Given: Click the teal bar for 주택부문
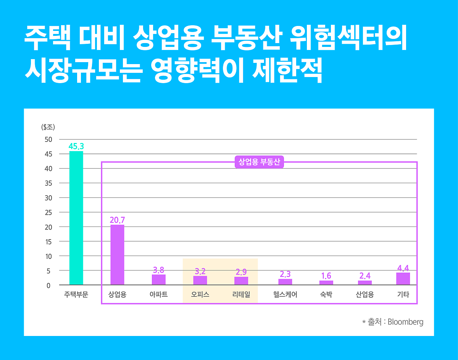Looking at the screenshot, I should click(x=76, y=218).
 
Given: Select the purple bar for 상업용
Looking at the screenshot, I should click(x=117, y=255).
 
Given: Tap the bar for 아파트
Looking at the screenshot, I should click(x=158, y=280).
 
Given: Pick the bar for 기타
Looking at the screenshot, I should click(x=403, y=279).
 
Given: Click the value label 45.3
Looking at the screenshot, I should click(x=76, y=146).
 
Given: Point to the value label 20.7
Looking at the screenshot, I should click(x=117, y=220).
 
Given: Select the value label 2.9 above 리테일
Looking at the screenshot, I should click(x=241, y=272).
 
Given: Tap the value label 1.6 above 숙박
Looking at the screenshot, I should click(x=326, y=276).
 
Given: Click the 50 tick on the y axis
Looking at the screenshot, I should click(x=48, y=140).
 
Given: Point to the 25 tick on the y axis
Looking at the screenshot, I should click(x=48, y=212).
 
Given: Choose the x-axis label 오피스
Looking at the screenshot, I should click(x=200, y=295).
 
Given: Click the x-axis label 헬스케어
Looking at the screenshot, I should click(x=285, y=295).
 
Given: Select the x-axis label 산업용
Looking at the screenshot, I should click(x=364, y=295).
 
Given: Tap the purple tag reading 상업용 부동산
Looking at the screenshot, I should click(x=259, y=162).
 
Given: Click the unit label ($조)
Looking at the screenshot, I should click(x=48, y=127).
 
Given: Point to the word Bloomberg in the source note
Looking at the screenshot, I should click(x=405, y=322).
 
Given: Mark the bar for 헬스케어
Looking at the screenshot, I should click(x=285, y=282).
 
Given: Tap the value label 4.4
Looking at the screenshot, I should click(x=403, y=268).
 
